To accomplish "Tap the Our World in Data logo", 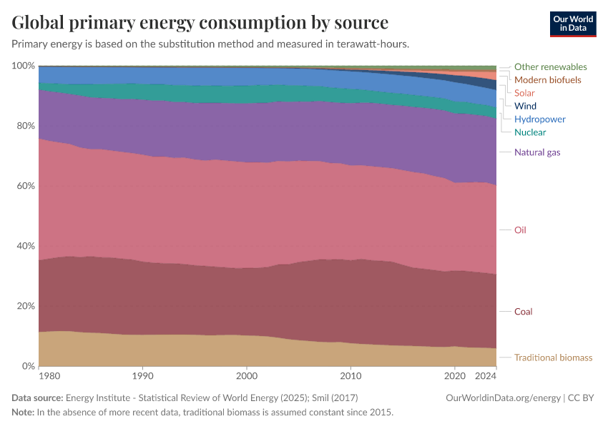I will (x=572, y=24).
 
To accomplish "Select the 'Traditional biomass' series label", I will (x=553, y=357).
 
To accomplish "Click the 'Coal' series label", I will (x=523, y=312).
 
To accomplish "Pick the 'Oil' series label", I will (x=520, y=230).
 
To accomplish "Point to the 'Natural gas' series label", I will (x=537, y=152).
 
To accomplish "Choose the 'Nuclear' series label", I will (x=530, y=132).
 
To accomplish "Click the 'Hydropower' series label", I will (x=540, y=119).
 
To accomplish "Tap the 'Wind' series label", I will (x=525, y=106).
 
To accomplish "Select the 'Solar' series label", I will (x=524, y=93).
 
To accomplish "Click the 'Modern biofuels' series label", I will (x=547, y=80).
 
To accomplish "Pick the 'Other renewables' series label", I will (x=550, y=67).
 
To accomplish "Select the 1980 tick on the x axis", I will (x=49, y=375).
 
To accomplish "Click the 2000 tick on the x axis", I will (x=247, y=375).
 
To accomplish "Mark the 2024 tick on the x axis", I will (x=485, y=375).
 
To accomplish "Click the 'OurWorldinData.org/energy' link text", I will (x=503, y=398).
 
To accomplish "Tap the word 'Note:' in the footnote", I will (x=24, y=413).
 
